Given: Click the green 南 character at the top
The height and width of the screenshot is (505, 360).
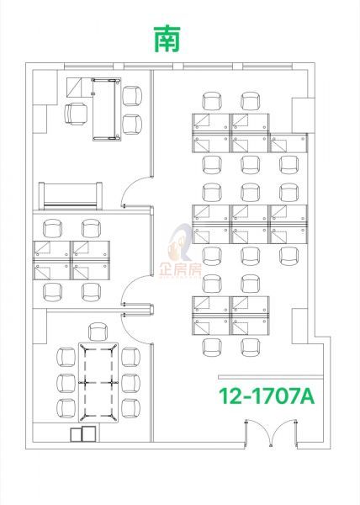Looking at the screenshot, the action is coord(167,40).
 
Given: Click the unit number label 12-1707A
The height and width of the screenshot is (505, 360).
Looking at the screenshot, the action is coord(267,396).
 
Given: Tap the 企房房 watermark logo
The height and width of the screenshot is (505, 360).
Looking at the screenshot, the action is coord(180,252).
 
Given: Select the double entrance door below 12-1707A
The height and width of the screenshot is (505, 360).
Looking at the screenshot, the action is coord(271,433).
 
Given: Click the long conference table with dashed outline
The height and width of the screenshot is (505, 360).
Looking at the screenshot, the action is coord(98,383).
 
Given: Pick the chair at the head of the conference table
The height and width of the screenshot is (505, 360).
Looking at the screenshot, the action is coord(98,332).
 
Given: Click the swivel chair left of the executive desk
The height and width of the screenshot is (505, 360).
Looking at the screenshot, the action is coord(76,114).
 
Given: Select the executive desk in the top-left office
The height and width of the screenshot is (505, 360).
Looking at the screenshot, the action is coord(107,109).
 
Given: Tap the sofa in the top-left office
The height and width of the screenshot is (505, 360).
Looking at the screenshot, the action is coord(71,196).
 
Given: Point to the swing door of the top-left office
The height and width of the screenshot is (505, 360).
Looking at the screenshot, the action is coord(135,191).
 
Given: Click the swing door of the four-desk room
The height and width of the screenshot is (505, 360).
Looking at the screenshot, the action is coord(135,290).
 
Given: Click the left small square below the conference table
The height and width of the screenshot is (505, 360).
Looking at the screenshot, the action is coord(76,435).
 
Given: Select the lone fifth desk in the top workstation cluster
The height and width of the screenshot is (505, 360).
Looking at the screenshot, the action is coord(289,143).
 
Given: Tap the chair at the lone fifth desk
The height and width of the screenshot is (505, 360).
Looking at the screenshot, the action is coord(289,165).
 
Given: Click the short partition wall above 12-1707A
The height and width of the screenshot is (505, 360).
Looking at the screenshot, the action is coord(271,377).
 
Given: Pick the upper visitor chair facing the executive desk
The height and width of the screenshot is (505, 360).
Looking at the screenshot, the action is coord(132,96).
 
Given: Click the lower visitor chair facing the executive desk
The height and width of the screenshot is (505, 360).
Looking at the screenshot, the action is coord(132,125).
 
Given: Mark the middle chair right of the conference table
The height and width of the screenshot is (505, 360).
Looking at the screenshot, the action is coord(130,383).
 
